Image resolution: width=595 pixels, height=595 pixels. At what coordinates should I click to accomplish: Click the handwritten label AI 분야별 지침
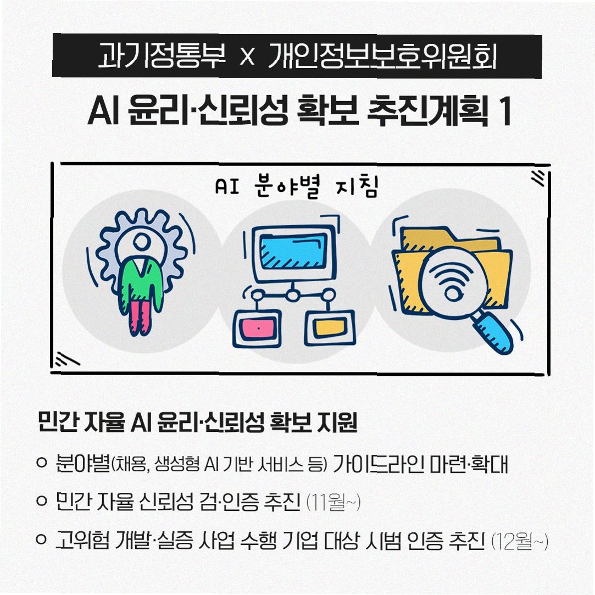297,187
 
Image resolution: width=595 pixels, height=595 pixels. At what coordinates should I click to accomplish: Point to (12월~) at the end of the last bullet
519,542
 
